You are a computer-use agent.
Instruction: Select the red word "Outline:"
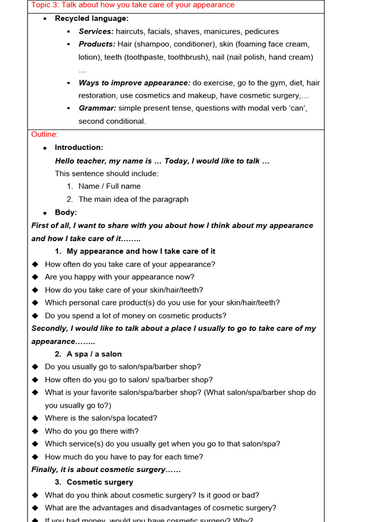[x=45, y=135]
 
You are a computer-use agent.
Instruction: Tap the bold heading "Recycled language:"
[x=92, y=18]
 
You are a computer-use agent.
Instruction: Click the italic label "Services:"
[x=96, y=32]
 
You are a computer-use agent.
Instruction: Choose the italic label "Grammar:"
[x=97, y=108]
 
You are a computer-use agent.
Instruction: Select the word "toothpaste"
[x=141, y=57]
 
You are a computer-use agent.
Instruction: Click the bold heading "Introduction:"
[x=79, y=147]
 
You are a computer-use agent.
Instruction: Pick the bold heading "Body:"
[x=66, y=213]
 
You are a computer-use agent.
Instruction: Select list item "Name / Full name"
[x=109, y=187]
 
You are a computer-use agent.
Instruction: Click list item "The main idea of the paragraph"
[x=133, y=199]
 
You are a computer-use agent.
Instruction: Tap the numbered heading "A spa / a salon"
[x=94, y=354]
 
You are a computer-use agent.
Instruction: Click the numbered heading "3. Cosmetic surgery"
[x=94, y=482]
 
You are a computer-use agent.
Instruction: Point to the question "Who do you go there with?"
[x=91, y=431]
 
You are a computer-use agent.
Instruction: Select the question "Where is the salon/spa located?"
[x=101, y=418]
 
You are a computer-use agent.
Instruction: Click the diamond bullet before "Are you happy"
[x=35, y=277]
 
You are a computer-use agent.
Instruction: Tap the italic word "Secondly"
[x=49, y=328]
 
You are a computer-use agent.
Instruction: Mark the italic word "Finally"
[x=44, y=469]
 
